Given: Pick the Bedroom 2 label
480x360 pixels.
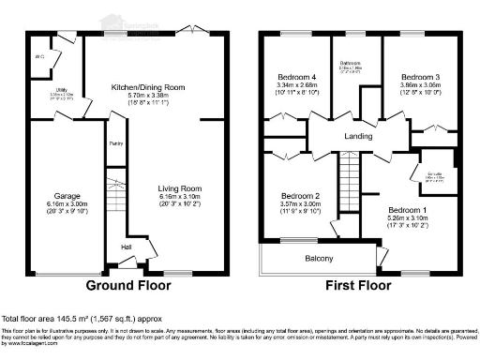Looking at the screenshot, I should [301, 196].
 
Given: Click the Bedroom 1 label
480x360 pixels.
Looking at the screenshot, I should [408, 209].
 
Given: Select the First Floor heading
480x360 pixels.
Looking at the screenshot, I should [359, 285].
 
